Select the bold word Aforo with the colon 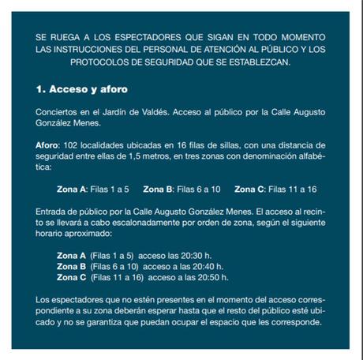51,147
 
